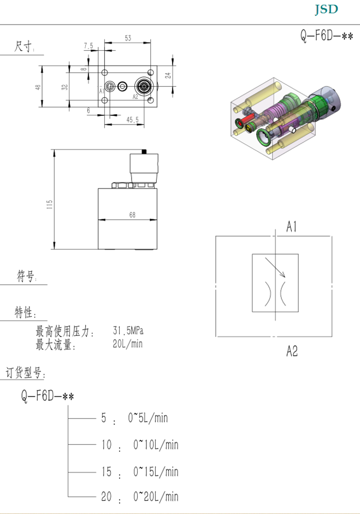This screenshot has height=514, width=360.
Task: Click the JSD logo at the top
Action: coord(326,9)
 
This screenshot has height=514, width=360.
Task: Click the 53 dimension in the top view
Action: coord(128,38)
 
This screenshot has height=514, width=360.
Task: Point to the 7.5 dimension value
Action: coord(88,46)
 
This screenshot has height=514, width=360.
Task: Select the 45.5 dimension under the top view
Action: coord(132,120)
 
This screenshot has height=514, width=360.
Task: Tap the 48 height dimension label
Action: coord(38,87)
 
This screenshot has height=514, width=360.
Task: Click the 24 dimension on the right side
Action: coord(168,75)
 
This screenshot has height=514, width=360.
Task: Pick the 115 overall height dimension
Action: coord(50,205)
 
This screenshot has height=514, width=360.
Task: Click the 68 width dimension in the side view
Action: coord(132,215)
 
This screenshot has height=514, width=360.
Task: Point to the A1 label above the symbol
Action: coord(292,227)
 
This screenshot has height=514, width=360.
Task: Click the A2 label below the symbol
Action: coord(292,351)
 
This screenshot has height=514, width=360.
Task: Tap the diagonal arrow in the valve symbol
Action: coord(275,268)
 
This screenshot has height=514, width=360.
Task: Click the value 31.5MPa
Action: coord(128,330)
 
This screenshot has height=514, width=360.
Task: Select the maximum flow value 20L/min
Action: coord(127,344)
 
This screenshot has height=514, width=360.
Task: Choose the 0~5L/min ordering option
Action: coord(147,418)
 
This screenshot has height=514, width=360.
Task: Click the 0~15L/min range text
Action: coord(156,472)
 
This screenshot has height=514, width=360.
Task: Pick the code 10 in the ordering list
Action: coord(106,445)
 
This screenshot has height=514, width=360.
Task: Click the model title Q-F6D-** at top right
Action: coord(327,35)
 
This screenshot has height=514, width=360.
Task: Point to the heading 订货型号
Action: coord(25,373)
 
